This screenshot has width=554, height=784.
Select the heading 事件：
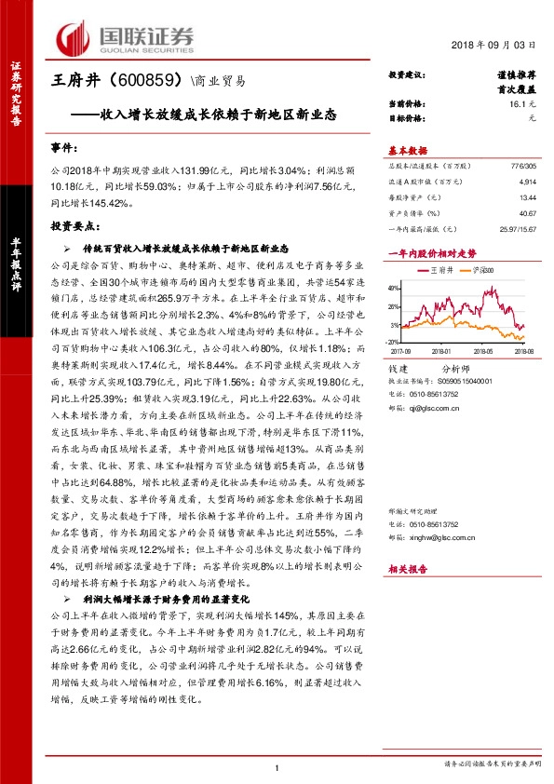click(x=64, y=148)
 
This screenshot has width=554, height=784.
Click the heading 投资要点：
click(x=74, y=225)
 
